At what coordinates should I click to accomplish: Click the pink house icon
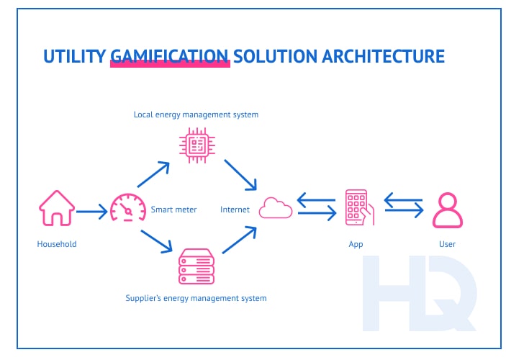click(x=56, y=209)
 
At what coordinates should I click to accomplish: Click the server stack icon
click(x=196, y=266)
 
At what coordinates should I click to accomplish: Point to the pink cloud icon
click(x=276, y=208)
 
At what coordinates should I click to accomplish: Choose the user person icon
click(x=447, y=210)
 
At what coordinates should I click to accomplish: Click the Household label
click(x=57, y=244)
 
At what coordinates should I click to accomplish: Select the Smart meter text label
click(x=171, y=210)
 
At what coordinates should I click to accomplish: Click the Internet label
click(x=235, y=210)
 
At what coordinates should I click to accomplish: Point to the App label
click(x=356, y=244)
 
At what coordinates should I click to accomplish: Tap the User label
click(x=447, y=244)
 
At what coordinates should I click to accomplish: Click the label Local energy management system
click(x=196, y=114)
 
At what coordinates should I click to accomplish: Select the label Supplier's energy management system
click(x=196, y=297)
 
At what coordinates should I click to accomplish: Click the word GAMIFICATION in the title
click(x=170, y=56)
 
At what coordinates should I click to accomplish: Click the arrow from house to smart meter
click(x=91, y=212)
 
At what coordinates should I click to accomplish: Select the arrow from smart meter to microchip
click(x=154, y=175)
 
